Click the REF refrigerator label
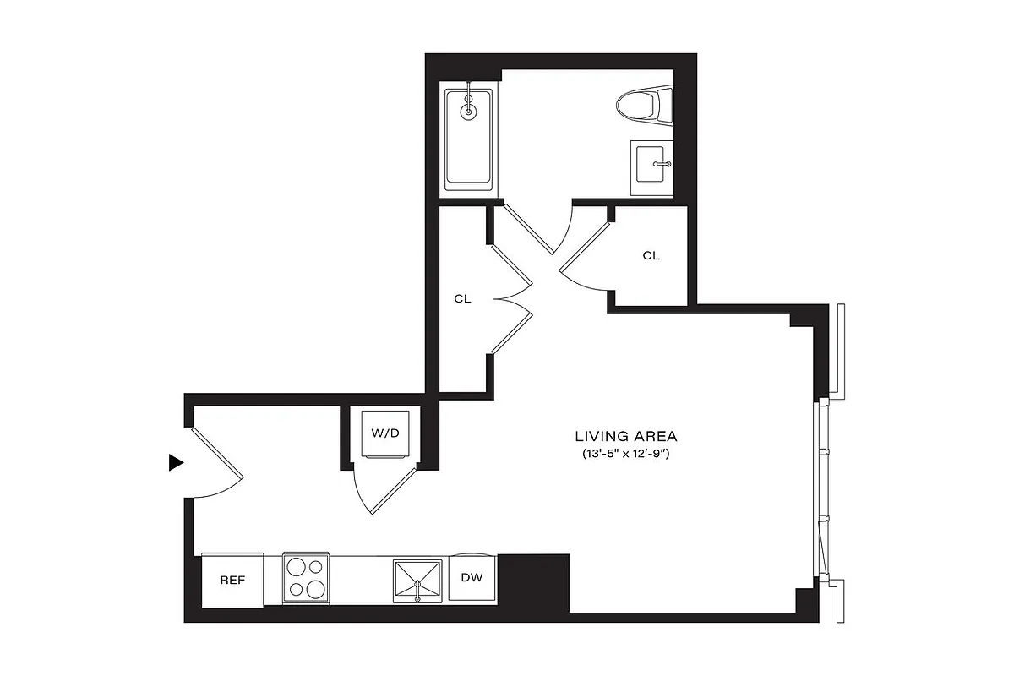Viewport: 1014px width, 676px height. [232, 581]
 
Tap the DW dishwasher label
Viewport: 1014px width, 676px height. [472, 578]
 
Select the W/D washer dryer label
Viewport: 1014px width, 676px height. [384, 433]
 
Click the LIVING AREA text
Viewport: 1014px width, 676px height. [626, 437]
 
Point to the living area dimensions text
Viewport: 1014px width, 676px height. [626, 455]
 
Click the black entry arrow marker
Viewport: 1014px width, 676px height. [176, 462]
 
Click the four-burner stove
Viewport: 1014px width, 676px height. [306, 578]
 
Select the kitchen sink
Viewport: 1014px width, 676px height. [417, 580]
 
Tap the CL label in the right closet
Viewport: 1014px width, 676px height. [651, 255]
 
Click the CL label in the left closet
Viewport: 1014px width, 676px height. [462, 299]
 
